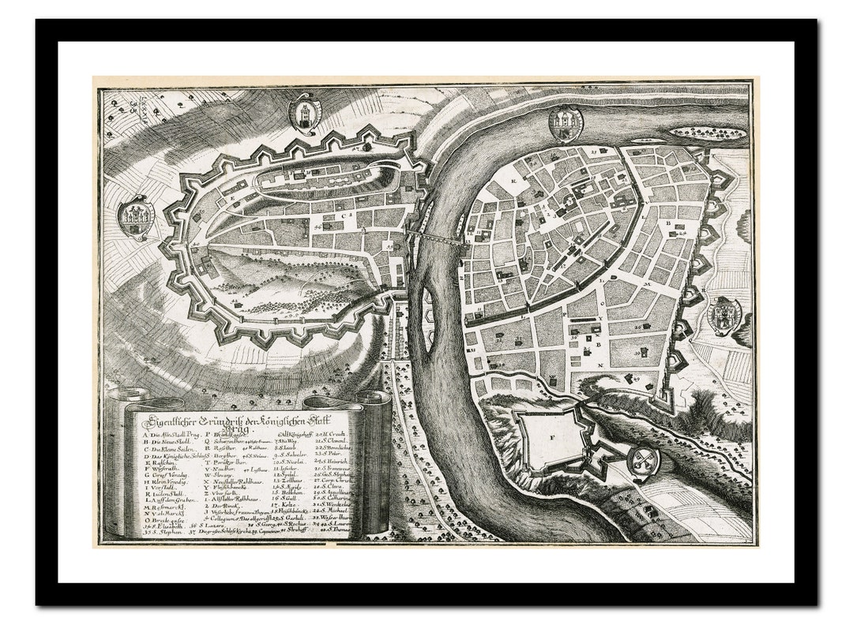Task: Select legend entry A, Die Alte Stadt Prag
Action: tap(167, 436)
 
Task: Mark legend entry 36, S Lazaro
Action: tap(202, 526)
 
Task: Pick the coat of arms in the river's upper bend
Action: tap(566, 122)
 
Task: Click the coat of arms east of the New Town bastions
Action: tap(723, 316)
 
